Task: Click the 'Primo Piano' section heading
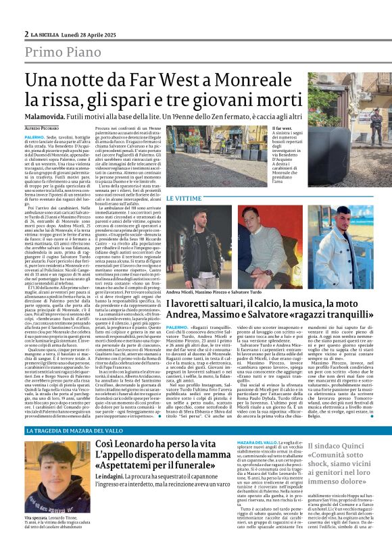pyautogui.click(x=65, y=53)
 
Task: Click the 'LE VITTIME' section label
pyautogui.click(x=183, y=199)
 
